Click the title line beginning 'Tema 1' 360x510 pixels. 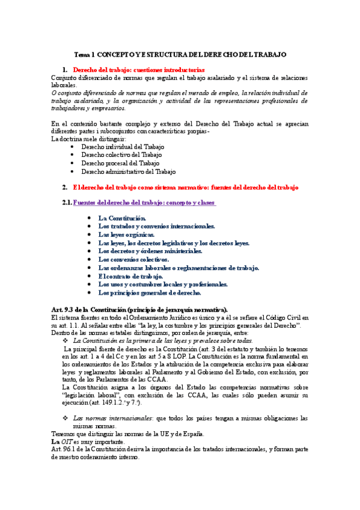pos(180,54)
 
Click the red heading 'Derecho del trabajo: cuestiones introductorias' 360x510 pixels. pos(139,70)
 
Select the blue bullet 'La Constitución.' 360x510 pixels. pos(122,218)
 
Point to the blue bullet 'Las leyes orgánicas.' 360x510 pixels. pos(127,235)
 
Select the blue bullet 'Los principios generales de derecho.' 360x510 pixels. pos(150,293)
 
